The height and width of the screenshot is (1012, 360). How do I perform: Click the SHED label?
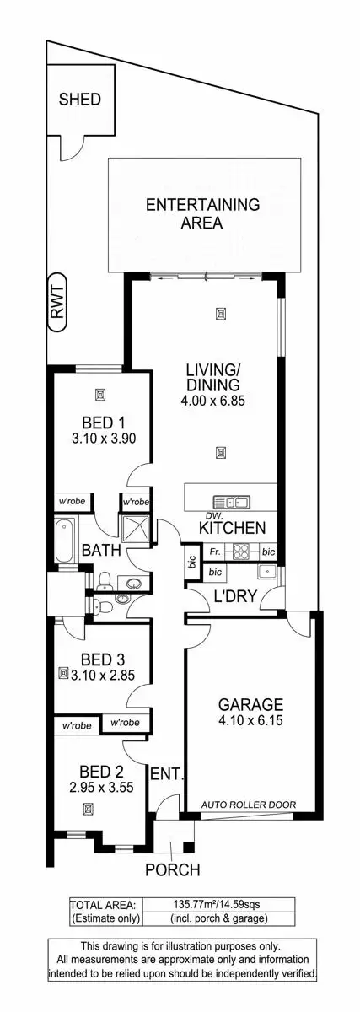tap(79, 100)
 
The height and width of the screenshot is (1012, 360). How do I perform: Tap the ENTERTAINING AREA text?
tap(201, 214)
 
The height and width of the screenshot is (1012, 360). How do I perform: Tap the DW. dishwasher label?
tap(191, 516)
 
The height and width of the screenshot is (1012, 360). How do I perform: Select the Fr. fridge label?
tap(215, 552)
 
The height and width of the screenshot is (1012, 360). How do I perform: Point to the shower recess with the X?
tap(135, 529)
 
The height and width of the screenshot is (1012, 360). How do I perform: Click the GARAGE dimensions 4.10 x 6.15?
tap(250, 722)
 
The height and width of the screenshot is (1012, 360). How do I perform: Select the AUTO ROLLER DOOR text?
tap(248, 805)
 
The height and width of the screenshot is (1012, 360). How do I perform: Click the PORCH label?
tap(172, 869)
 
